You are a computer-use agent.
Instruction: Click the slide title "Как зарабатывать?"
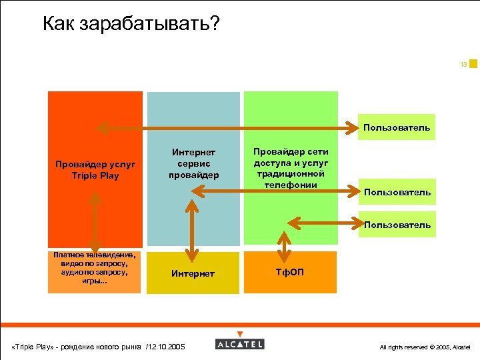130,25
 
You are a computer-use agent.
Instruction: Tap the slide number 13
463,65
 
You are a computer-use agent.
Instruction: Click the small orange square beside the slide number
473,64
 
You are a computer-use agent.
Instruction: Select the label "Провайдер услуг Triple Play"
95,170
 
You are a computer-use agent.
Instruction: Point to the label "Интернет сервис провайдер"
193,164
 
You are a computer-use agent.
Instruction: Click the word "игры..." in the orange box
94,281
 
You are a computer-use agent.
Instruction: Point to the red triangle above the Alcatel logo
240,334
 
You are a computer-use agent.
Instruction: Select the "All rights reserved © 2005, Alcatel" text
424,347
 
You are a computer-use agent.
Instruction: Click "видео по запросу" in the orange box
94,263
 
